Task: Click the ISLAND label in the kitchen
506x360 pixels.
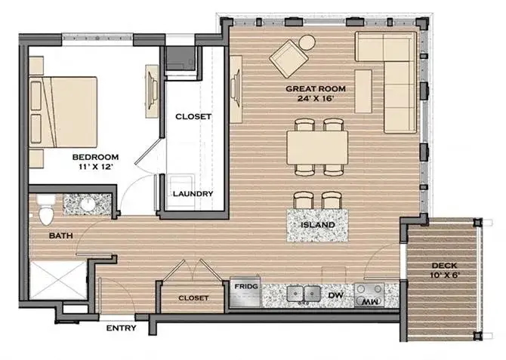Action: (318, 224)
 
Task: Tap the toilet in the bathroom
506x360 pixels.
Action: (45, 210)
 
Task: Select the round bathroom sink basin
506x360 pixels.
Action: (87, 205)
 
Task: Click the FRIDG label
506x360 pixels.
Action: (246, 286)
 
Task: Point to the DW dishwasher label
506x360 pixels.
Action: (335, 295)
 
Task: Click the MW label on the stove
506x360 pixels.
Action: (369, 302)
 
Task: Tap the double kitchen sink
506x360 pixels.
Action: (303, 294)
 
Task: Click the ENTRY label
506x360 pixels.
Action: (122, 328)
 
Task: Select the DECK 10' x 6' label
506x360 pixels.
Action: (445, 270)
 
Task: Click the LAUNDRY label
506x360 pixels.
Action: (193, 194)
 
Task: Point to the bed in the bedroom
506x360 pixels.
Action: (63, 112)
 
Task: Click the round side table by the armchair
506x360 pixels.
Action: (307, 42)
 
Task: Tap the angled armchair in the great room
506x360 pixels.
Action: (288, 59)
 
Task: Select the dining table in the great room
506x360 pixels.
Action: (317, 147)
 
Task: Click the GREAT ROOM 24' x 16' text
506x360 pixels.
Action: (316, 94)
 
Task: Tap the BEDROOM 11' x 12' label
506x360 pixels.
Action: (95, 162)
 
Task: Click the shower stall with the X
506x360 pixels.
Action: (58, 280)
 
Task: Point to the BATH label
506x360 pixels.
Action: (61, 235)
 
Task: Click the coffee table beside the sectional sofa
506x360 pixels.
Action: (363, 91)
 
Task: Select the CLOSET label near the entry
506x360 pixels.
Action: (193, 298)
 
